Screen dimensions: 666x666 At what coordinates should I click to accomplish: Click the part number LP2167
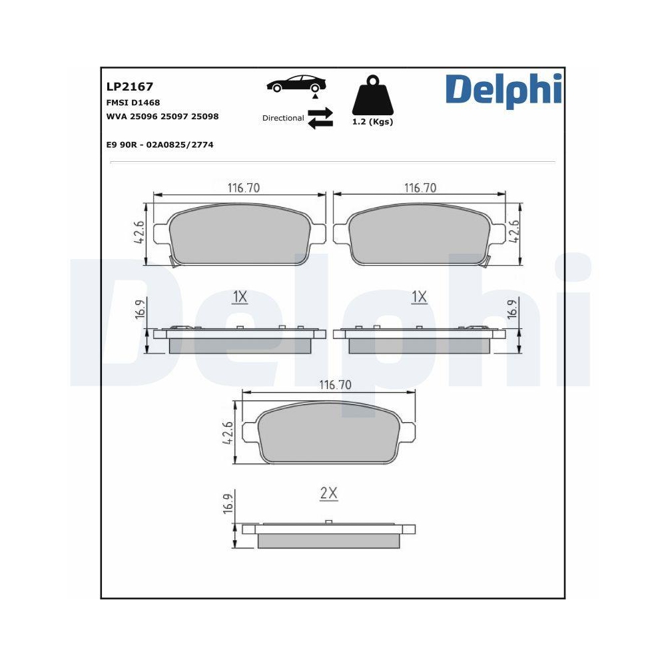(x=130, y=87)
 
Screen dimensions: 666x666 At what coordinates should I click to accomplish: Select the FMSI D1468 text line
(x=133, y=103)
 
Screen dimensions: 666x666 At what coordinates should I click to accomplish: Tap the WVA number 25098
(x=204, y=117)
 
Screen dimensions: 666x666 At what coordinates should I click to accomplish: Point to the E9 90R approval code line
(x=159, y=145)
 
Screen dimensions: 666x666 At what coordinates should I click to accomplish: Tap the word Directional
(x=283, y=118)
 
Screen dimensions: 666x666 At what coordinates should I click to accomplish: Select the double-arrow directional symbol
(x=320, y=118)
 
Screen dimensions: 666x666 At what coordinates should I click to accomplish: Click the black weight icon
(x=372, y=98)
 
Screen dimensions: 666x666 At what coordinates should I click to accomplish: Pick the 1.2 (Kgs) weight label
(x=372, y=123)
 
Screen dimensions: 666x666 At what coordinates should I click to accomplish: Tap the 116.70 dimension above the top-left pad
(x=243, y=188)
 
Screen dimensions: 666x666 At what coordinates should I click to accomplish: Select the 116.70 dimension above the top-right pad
(x=420, y=188)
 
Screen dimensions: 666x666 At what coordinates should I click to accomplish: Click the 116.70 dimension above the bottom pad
(x=335, y=385)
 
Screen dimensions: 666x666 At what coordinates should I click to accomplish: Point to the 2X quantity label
(x=329, y=494)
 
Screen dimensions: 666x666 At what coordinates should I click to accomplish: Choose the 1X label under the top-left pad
(x=240, y=297)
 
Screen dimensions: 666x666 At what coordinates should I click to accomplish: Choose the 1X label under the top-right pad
(x=419, y=297)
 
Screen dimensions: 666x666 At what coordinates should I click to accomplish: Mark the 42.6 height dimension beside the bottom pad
(x=228, y=433)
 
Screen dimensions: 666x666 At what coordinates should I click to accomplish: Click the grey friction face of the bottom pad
(x=329, y=434)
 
